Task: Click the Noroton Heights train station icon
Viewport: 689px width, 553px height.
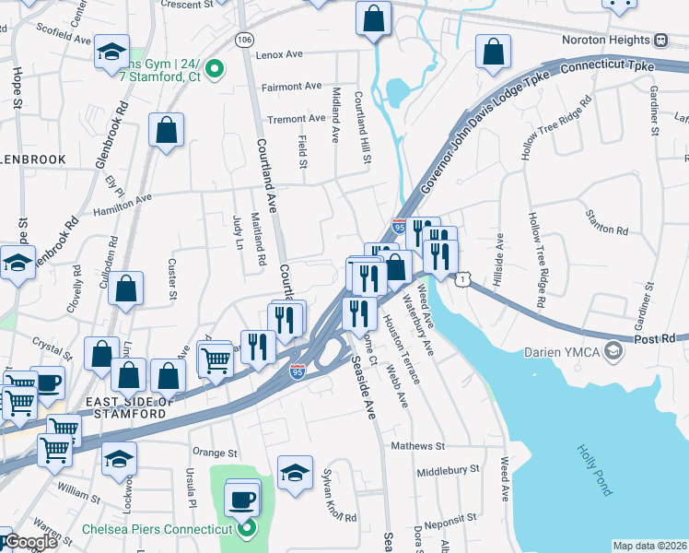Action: tap(661, 41)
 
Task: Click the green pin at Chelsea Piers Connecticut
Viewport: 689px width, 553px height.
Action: tap(246, 528)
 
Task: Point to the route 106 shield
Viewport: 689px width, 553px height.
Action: tap(244, 40)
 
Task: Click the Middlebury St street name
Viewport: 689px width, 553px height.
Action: tap(448, 469)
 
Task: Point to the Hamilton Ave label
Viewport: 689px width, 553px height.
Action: tap(116, 205)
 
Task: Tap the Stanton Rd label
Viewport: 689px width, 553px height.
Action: tap(606, 223)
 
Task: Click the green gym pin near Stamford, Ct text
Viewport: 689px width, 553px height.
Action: tap(215, 67)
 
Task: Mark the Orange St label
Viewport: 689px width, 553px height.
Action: tap(215, 453)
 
